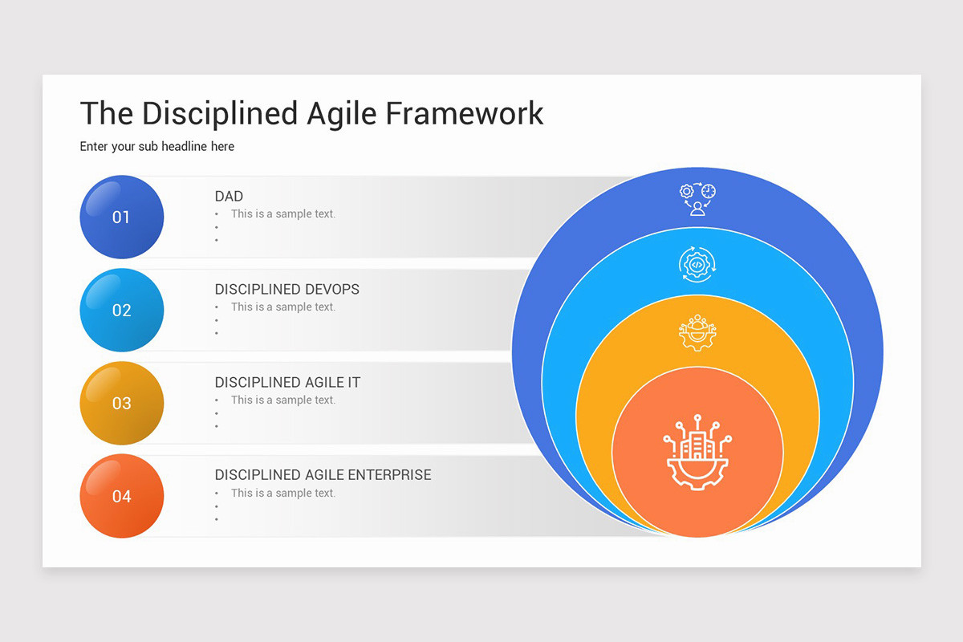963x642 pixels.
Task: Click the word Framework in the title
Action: click(x=464, y=114)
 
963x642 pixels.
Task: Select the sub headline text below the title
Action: click(x=157, y=147)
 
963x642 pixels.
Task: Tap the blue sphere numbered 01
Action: click(x=121, y=217)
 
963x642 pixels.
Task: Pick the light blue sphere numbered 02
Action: click(x=121, y=310)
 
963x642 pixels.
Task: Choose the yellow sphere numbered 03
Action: click(x=121, y=403)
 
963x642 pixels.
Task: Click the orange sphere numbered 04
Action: click(x=121, y=496)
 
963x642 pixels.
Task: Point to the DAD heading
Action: click(x=229, y=197)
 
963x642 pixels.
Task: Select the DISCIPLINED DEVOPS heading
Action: click(x=286, y=290)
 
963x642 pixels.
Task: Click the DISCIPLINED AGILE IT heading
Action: click(x=287, y=383)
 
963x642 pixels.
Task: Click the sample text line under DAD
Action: click(x=282, y=214)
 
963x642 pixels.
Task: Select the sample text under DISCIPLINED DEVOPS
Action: click(x=282, y=307)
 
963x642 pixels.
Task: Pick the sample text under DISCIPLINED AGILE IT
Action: click(x=282, y=400)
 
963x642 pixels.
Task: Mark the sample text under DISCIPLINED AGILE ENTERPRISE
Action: click(x=282, y=494)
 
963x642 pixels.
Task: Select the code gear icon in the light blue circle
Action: click(x=697, y=263)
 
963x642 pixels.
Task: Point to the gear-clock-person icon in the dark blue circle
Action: click(x=697, y=199)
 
